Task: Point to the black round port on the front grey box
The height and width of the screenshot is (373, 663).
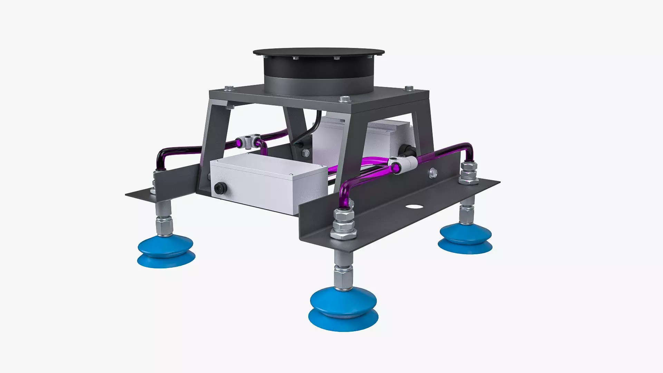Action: tap(219, 188)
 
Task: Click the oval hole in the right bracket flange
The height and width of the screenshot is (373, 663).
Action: tap(414, 207)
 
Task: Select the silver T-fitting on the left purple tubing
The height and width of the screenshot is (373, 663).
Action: tap(248, 141)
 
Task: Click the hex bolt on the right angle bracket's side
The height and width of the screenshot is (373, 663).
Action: tap(433, 173)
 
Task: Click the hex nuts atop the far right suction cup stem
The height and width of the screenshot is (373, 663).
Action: tap(469, 173)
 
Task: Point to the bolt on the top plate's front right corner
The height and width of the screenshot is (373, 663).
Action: tap(345, 99)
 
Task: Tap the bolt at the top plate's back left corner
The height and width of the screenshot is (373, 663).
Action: tap(228, 88)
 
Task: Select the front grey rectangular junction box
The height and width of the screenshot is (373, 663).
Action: tap(268, 181)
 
